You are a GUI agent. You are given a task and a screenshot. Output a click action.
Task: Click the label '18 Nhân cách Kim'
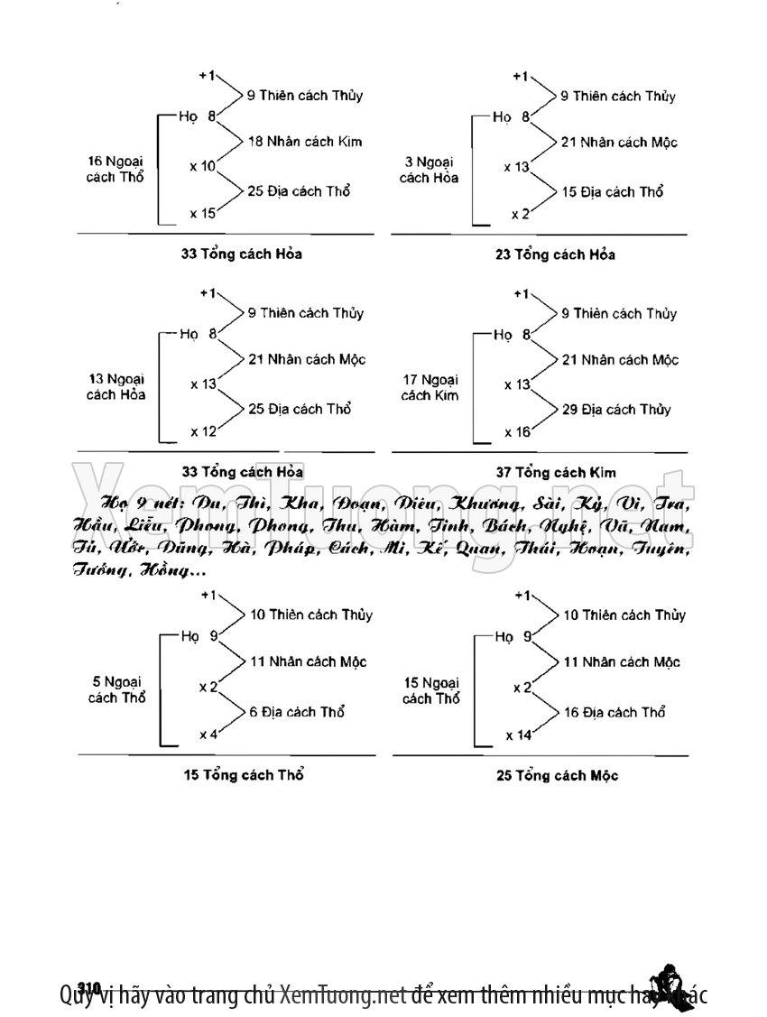pyautogui.click(x=298, y=142)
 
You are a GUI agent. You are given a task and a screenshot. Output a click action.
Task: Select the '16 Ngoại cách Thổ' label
pyautogui.click(x=115, y=169)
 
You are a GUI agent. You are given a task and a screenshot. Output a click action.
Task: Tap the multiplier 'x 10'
pyautogui.click(x=202, y=167)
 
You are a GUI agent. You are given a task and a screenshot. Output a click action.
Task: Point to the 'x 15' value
pyautogui.click(x=202, y=214)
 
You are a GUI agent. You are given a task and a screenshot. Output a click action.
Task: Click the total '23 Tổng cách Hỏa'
pyautogui.click(x=555, y=254)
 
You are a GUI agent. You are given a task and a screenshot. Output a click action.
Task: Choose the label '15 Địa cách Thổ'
pyautogui.click(x=612, y=191)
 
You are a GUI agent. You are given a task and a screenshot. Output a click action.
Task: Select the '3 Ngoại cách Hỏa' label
pyautogui.click(x=428, y=170)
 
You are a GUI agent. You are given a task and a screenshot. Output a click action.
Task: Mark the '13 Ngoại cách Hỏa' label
pyautogui.click(x=116, y=386)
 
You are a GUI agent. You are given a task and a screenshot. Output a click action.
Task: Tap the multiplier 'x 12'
pyautogui.click(x=203, y=431)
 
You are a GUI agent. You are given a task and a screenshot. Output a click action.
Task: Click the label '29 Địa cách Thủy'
pyautogui.click(x=615, y=409)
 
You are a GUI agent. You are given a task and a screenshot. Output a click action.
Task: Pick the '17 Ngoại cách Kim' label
pyautogui.click(x=430, y=387)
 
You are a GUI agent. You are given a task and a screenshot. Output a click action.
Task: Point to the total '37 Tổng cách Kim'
pyautogui.click(x=556, y=472)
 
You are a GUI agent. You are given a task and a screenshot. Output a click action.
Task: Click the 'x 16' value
pyautogui.click(x=517, y=432)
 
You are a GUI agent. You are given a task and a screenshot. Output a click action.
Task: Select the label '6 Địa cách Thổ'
pyautogui.click(x=297, y=712)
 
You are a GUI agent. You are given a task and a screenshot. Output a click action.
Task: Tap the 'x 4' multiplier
pyautogui.click(x=208, y=735)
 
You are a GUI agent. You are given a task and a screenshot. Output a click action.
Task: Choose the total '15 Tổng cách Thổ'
pyautogui.click(x=243, y=775)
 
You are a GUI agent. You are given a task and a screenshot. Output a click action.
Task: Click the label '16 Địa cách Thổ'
pyautogui.click(x=614, y=712)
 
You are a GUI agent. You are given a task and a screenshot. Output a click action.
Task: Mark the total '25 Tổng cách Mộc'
pyautogui.click(x=557, y=775)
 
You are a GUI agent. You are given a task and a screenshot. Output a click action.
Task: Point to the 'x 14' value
pyautogui.click(x=518, y=735)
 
